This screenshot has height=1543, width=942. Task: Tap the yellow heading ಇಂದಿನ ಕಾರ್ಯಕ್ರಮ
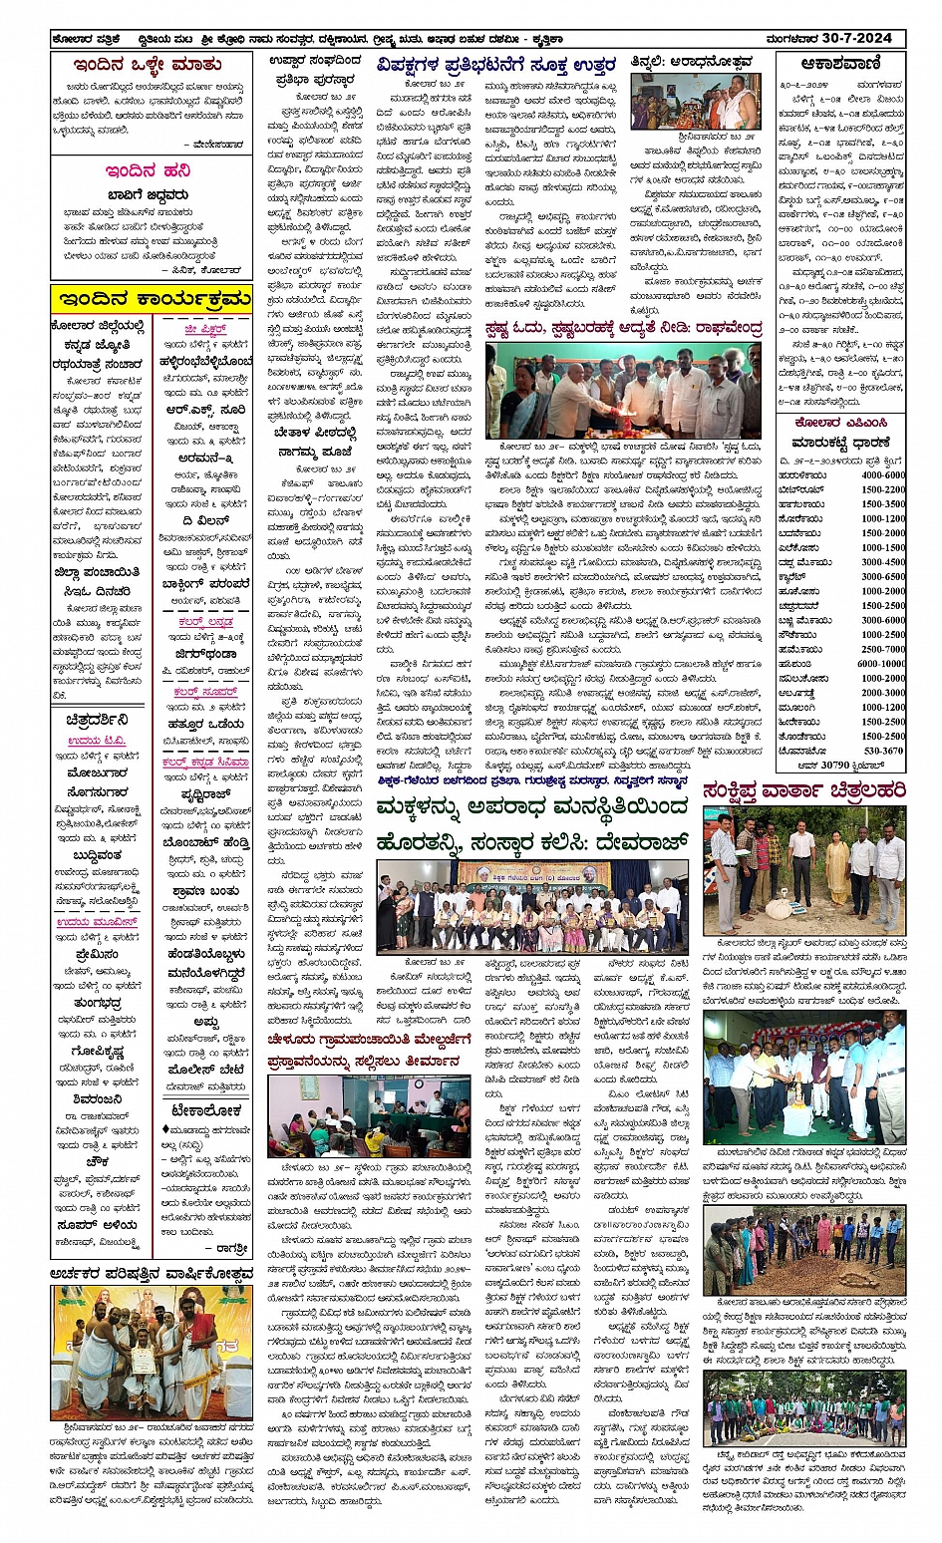151,298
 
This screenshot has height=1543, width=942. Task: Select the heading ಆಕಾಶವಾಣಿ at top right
841,64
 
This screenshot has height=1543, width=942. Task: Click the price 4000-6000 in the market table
883,475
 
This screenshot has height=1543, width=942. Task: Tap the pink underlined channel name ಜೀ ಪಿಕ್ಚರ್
205,328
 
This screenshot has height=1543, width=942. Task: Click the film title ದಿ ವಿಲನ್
205,520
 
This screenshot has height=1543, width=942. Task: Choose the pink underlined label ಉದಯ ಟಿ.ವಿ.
98,742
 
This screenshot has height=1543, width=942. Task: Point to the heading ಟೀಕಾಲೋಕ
206,1109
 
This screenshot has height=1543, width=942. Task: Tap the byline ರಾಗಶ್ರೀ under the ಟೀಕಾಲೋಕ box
232,1247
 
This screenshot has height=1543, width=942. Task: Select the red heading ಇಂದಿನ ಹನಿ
149,170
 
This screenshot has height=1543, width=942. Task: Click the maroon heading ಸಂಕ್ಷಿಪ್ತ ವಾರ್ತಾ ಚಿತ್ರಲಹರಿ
803,790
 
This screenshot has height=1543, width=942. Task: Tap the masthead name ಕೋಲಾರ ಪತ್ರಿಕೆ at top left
89,39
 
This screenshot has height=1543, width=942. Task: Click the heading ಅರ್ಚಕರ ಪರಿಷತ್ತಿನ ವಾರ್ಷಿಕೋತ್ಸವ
152,1273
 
